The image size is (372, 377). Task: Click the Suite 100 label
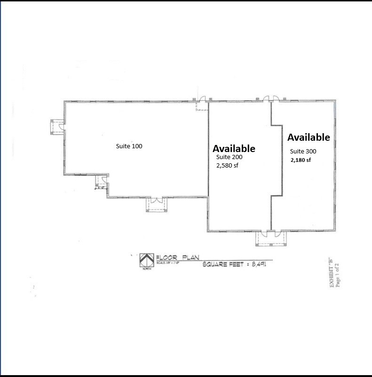[129, 146]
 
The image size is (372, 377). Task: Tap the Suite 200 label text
[229, 157]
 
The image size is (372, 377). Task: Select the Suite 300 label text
[303, 152]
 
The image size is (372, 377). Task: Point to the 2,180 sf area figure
[301, 160]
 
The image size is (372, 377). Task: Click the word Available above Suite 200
[234, 148]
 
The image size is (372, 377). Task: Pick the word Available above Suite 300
[309, 137]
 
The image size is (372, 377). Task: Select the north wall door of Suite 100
[203, 99]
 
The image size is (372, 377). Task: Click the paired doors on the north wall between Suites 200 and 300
[270, 99]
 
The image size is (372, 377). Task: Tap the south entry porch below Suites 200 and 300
[270, 238]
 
